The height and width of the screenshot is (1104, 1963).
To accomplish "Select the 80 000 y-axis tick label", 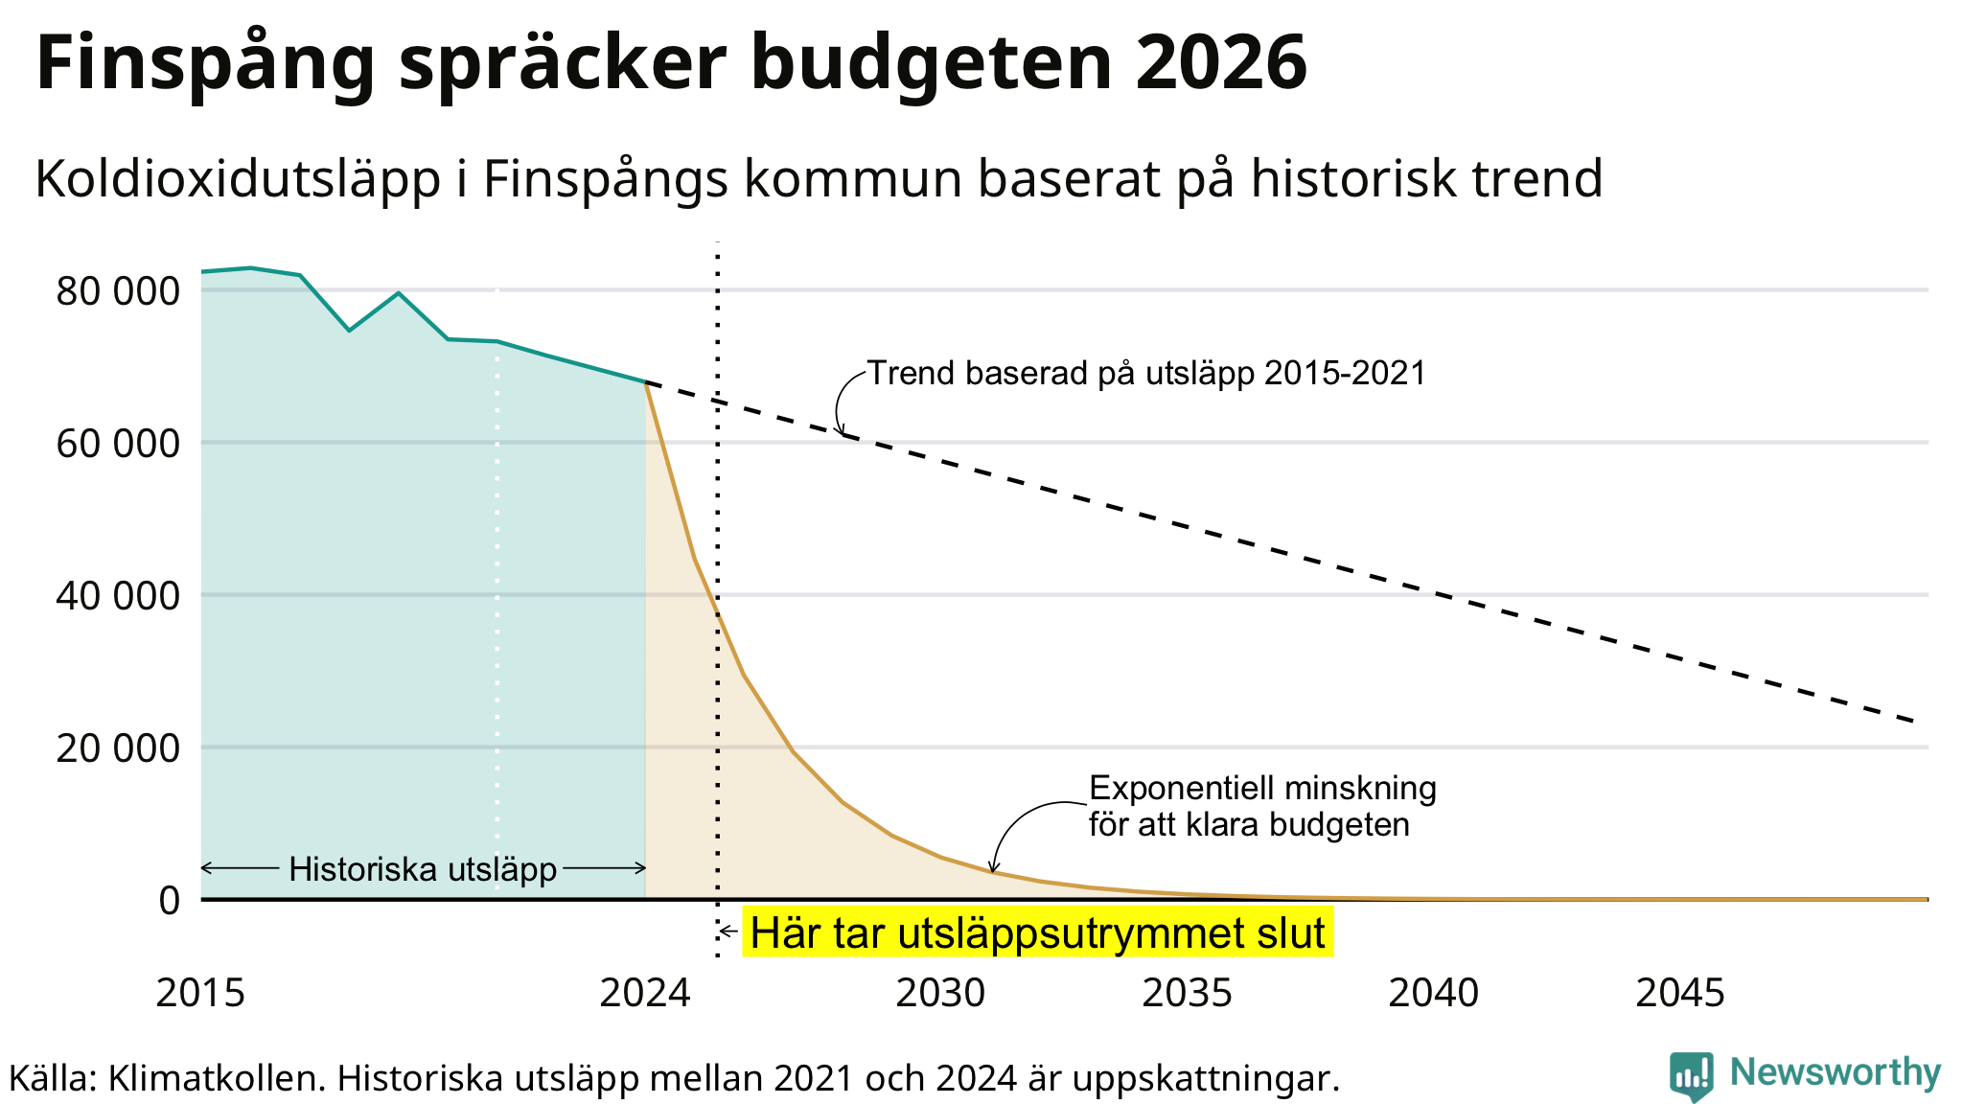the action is click(x=118, y=291).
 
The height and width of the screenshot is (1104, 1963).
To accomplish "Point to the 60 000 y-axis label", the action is click(x=118, y=444).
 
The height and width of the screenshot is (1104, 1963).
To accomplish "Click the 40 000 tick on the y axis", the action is click(x=118, y=596).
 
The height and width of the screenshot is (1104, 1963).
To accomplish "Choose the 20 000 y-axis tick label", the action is click(x=118, y=748).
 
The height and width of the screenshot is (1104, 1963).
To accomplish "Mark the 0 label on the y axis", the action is click(x=169, y=901).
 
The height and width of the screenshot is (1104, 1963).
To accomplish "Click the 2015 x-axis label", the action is click(x=201, y=993).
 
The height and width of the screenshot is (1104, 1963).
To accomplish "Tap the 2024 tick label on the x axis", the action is click(x=645, y=993).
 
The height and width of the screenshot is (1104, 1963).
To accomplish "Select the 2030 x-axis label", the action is click(x=940, y=993).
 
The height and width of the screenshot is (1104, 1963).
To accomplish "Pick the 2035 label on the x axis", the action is click(x=1187, y=993).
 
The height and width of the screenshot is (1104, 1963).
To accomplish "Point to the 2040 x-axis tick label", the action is click(x=1434, y=993).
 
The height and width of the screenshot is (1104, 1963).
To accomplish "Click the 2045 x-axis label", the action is click(x=1680, y=993).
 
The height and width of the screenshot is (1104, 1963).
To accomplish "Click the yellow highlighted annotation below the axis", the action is click(x=1037, y=932).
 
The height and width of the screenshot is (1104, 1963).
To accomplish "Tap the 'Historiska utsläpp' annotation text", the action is click(x=423, y=869).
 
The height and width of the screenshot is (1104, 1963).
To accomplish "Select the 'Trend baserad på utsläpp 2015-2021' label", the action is click(x=1146, y=373).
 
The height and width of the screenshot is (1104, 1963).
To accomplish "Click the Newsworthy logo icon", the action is click(x=1691, y=1076).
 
